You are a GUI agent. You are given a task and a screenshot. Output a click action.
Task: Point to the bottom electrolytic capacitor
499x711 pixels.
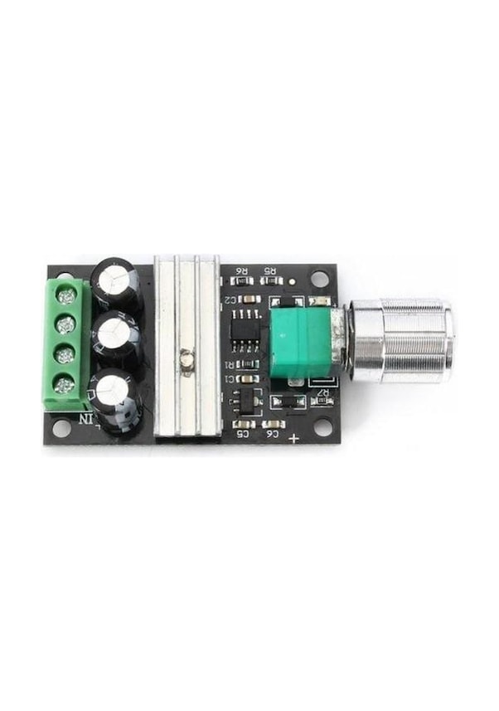coord(116,391)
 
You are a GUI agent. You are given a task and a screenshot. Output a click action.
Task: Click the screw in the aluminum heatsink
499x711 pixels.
coord(187,358)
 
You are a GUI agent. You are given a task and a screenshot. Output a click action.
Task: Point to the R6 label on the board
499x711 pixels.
coord(243,270)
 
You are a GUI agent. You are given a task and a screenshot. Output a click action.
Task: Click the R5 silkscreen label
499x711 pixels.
coord(269,270)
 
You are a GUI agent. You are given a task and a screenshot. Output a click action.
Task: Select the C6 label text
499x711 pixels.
coord(271,433)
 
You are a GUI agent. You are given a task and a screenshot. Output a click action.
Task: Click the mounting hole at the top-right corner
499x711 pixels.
coord(321,280)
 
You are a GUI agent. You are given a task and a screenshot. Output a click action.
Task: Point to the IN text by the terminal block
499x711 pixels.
coord(85,419)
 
